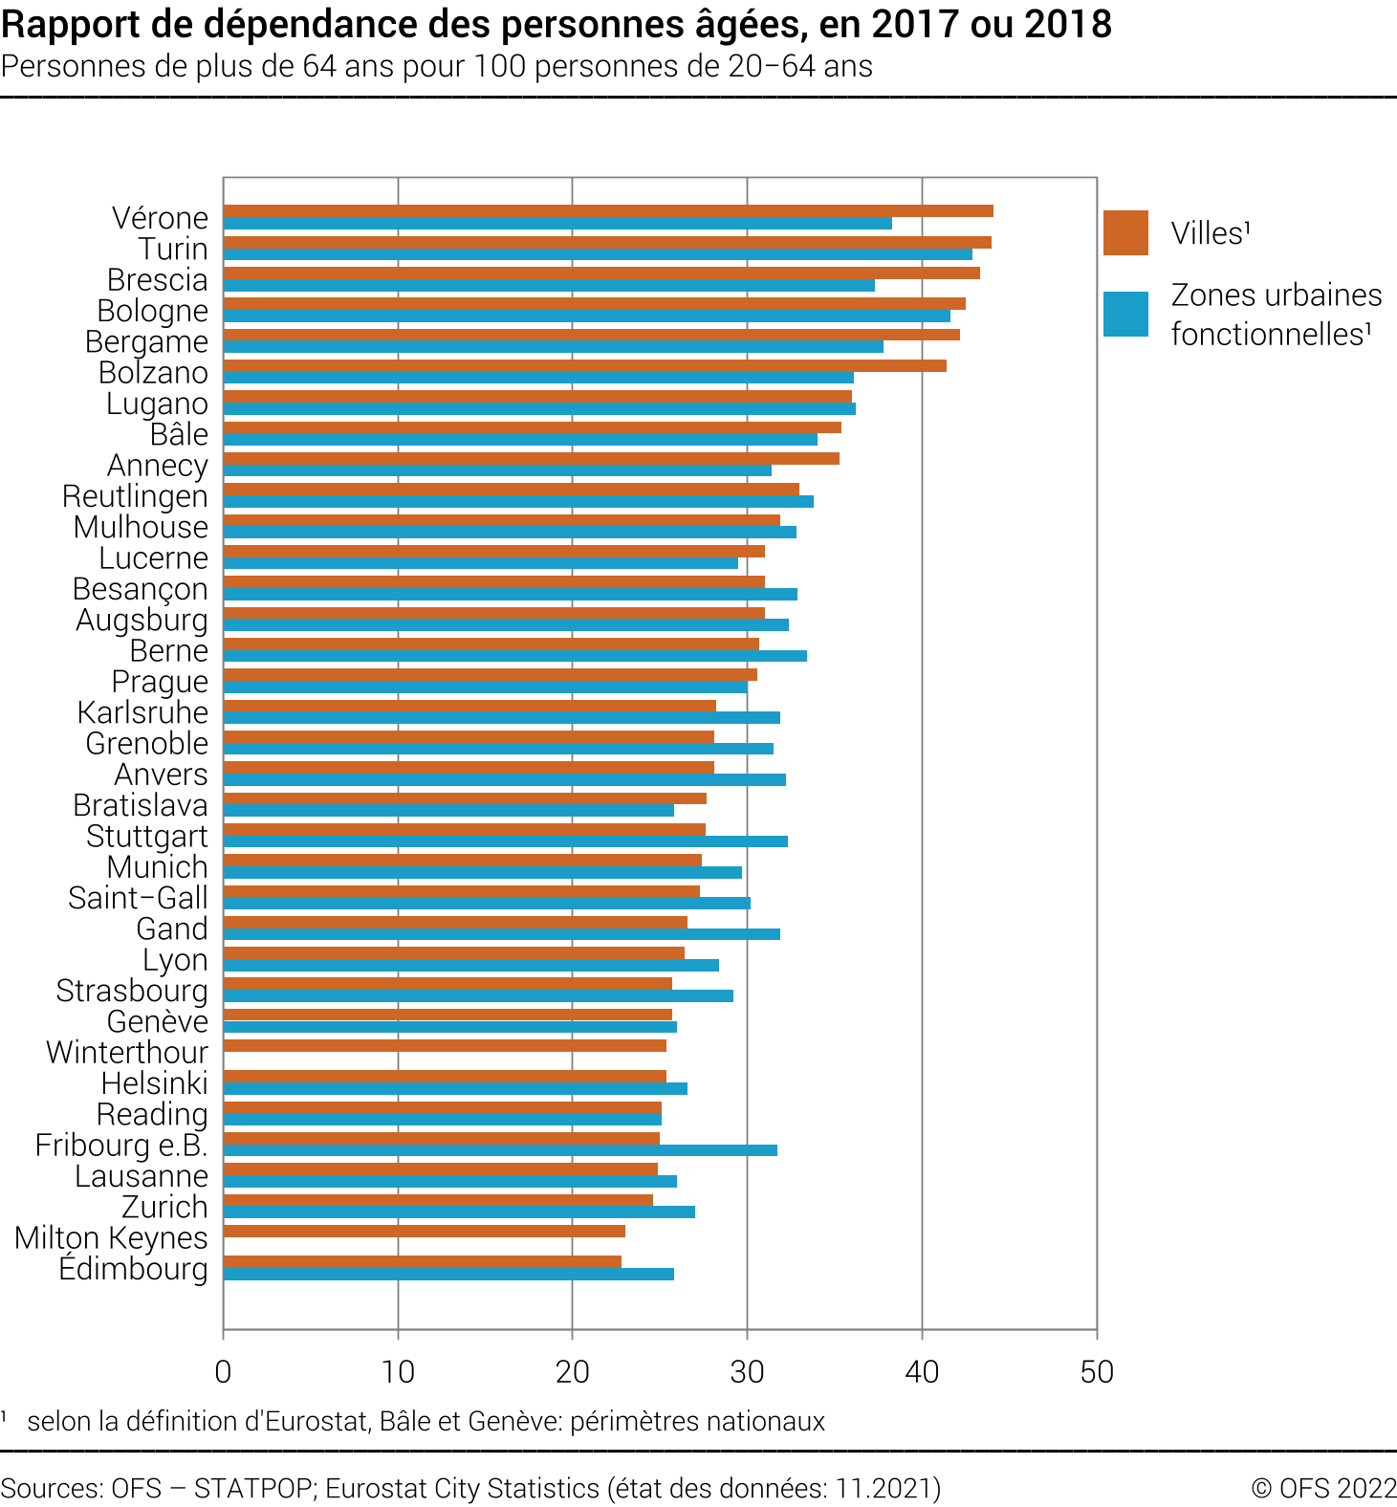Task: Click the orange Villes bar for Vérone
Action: [x=608, y=211]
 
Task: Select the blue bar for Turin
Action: [x=598, y=254]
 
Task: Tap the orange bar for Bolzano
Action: [x=584, y=365]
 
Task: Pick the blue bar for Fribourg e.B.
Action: [x=500, y=1150]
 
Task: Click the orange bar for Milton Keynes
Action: [x=424, y=1231]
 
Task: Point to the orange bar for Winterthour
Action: [x=445, y=1045]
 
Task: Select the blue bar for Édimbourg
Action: [x=448, y=1274]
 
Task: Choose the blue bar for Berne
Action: [x=514, y=656]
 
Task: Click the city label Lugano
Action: [x=157, y=404]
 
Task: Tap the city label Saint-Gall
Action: [x=138, y=898]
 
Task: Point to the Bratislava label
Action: [x=141, y=805]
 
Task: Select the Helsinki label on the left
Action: [x=155, y=1083]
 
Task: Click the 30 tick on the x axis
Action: [x=747, y=1372]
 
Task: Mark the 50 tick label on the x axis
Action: [x=1096, y=1372]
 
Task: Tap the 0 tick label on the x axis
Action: [x=223, y=1372]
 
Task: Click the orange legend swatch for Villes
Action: [x=1125, y=232]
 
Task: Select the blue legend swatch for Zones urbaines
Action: [x=1125, y=315]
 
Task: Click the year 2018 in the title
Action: [x=1068, y=25]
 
